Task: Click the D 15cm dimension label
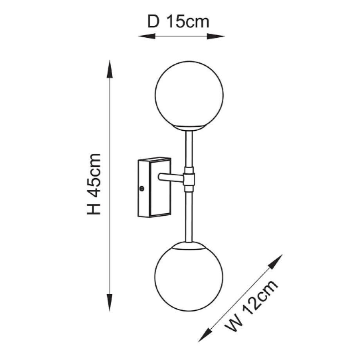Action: [x=178, y=22]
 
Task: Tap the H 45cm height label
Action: [x=94, y=184]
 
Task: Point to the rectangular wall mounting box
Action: [x=154, y=187]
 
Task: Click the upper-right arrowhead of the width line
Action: [x=279, y=258]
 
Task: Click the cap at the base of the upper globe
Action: [x=189, y=128]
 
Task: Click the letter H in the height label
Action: [x=94, y=209]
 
